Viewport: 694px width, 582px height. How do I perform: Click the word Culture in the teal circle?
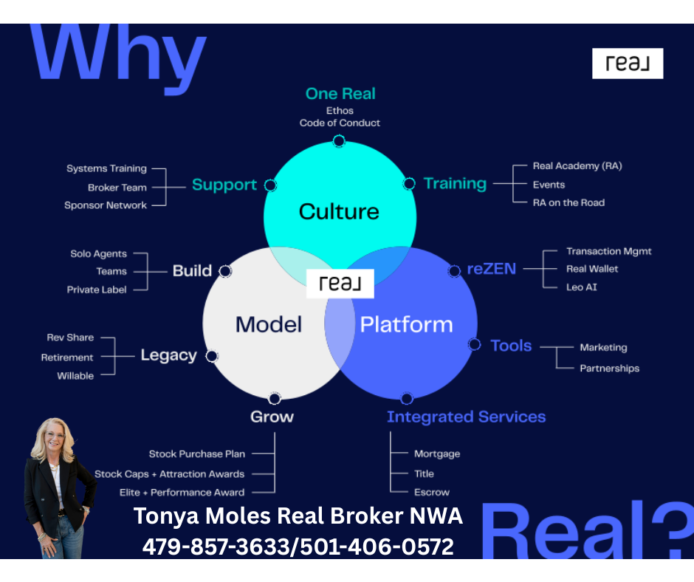pos(339,212)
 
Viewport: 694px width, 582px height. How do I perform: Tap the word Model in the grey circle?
pos(269,324)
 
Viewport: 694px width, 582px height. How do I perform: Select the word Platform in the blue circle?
pos(406,324)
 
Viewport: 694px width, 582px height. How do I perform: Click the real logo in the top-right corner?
pos(628,64)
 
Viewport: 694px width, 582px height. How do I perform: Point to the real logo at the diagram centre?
pos(340,284)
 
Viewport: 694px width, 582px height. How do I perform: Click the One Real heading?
pos(340,94)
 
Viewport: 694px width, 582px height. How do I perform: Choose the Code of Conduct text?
pos(340,123)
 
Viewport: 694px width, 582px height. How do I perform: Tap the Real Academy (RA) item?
pos(577,166)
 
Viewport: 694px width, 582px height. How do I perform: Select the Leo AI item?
pos(582,287)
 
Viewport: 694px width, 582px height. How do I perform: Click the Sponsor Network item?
pos(106,205)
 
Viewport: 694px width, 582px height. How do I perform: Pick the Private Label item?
pos(97,290)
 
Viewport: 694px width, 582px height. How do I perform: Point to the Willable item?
pos(75,376)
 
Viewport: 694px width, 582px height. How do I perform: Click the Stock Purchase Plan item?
pos(197,454)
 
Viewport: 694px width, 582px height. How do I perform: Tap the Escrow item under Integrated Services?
pos(432,492)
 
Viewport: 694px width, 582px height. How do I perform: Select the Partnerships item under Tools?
pos(609,368)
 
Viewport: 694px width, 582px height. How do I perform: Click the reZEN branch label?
pos(492,270)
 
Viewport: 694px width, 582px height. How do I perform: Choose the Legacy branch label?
pos(169,355)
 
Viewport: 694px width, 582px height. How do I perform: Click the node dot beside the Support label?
pos(270,185)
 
